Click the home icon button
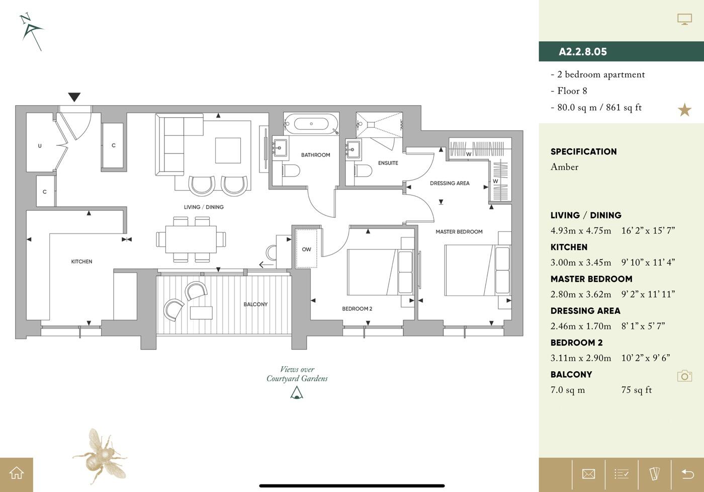point(17,473)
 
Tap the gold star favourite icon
point(684,110)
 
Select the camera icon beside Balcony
point(684,376)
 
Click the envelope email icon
point(588,474)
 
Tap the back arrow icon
point(687,474)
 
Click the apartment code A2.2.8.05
point(582,52)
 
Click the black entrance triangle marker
point(74,97)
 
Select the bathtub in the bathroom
point(311,124)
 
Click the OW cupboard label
point(306,250)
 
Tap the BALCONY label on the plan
point(255,304)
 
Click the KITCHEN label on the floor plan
point(81,262)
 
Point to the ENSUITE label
point(388,163)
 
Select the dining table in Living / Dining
point(186,239)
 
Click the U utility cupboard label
point(40,146)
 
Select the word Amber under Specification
point(564,167)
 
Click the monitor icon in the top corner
point(684,20)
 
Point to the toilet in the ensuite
point(363,171)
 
